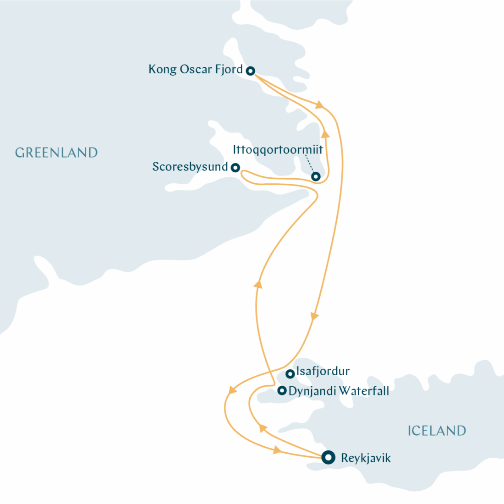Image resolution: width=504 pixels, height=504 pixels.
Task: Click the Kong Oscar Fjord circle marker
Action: pos(250,71)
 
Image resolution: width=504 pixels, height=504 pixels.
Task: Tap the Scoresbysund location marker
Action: pos(235,168)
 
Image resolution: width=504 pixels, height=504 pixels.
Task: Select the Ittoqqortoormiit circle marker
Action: pos(315,176)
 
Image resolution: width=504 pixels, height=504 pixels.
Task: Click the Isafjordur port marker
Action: pos(290,374)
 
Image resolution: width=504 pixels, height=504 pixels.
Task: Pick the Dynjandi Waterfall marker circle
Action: pos(282,391)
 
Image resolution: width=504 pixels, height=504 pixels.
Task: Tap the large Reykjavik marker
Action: pos(328,457)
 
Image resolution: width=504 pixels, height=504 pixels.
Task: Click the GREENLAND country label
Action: pos(56,153)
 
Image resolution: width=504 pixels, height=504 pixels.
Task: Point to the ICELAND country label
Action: pos(437,431)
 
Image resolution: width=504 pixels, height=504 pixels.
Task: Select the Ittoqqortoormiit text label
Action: pos(278,150)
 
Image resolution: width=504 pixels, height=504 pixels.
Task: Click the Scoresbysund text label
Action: pos(190,167)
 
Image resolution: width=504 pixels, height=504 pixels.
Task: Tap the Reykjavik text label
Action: pos(366,458)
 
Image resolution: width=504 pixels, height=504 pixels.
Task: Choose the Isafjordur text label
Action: pos(323,371)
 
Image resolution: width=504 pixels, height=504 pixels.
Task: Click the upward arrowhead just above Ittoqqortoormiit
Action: pos(325,134)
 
